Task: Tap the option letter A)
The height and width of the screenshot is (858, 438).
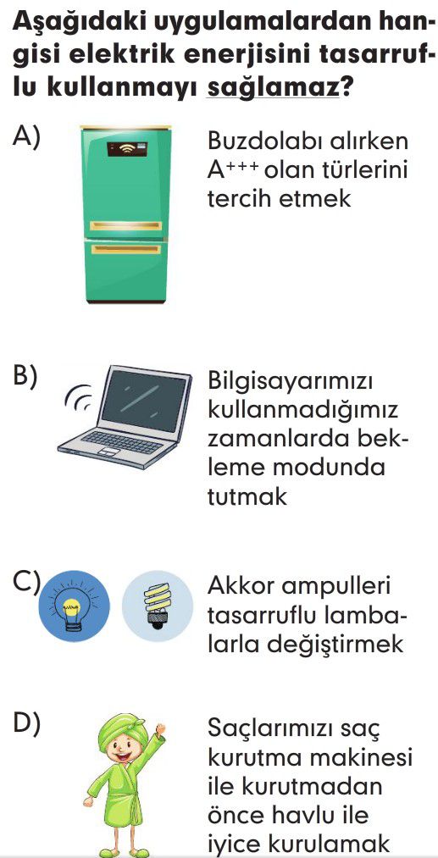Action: coord(26,136)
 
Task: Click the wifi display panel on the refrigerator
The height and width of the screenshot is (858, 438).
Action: coord(126,148)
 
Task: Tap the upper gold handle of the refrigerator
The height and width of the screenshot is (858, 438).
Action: coord(126,226)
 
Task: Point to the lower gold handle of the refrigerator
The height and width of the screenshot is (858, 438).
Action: coord(126,250)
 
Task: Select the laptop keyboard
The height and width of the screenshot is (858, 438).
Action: coord(121,442)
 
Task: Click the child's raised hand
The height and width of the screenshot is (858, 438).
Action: coord(160,729)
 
